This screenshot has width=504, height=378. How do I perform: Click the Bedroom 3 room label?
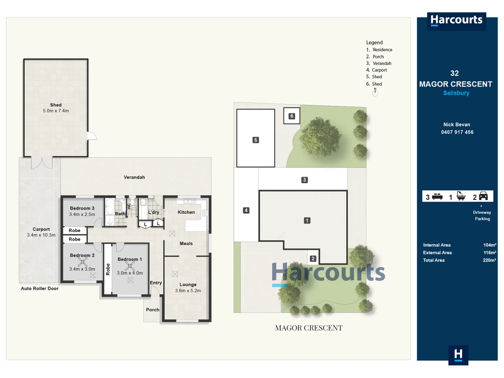click(x=82, y=208)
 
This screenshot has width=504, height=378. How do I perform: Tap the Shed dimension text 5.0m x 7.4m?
click(x=56, y=111)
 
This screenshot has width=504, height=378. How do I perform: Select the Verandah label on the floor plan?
click(x=134, y=177)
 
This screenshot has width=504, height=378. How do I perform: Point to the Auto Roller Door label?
click(x=40, y=288)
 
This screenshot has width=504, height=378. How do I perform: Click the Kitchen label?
click(x=186, y=212)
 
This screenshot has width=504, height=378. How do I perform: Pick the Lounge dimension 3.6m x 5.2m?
click(x=188, y=290)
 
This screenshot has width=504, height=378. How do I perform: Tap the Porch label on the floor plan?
click(x=153, y=310)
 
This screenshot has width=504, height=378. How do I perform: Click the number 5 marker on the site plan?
click(x=255, y=140)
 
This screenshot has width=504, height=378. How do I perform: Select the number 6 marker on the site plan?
click(x=292, y=116)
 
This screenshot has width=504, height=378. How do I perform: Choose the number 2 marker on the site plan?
click(x=313, y=259)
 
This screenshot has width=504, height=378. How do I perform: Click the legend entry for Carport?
click(x=377, y=70)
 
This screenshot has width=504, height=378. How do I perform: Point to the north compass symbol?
click(x=375, y=92)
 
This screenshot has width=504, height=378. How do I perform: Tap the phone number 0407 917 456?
click(x=457, y=132)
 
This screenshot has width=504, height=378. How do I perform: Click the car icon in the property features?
click(x=483, y=196)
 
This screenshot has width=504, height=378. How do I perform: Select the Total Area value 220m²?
click(x=490, y=260)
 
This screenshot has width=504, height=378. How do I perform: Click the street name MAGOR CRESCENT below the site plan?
click(x=309, y=328)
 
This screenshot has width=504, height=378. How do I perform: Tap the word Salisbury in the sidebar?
click(x=456, y=93)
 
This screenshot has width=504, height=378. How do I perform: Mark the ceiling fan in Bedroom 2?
click(x=83, y=262)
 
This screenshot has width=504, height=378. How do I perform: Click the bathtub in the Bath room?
click(x=110, y=206)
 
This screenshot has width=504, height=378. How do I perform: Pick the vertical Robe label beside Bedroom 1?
click(x=108, y=269)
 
